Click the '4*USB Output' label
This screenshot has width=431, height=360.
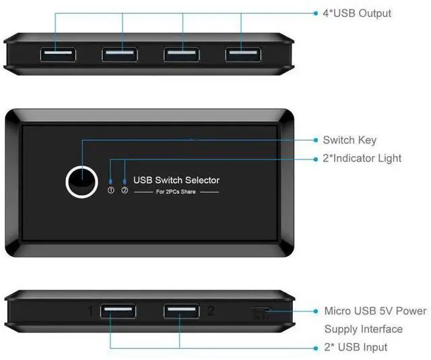click(357, 13)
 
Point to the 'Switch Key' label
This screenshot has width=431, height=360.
click(350, 140)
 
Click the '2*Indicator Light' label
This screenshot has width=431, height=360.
click(362, 158)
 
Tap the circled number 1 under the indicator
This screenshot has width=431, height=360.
click(111, 190)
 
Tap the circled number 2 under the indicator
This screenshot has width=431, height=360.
click(125, 190)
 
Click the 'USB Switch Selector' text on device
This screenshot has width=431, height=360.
click(176, 180)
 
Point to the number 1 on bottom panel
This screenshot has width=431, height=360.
click(90, 312)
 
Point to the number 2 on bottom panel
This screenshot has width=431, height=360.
click(211, 311)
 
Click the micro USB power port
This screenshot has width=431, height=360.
click(261, 312)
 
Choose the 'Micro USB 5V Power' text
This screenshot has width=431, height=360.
click(375, 311)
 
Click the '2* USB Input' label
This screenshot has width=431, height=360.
click(356, 347)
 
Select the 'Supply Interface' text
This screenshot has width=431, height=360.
click(363, 329)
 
